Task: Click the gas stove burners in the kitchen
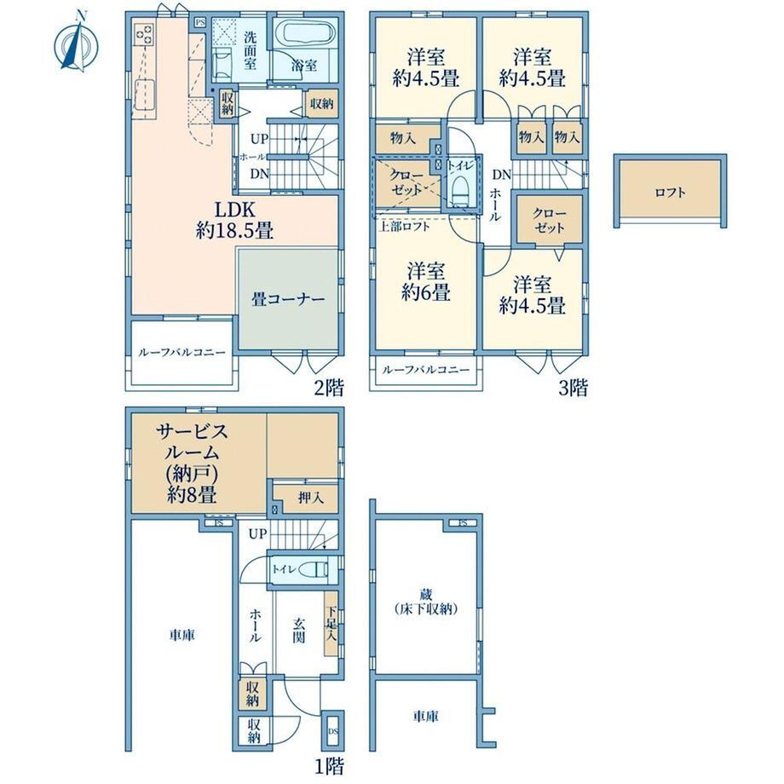point(144,33)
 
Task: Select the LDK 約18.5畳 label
point(234,220)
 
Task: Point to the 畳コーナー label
point(288,299)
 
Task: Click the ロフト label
point(670,193)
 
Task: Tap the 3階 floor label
point(573,388)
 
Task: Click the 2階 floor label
point(329,388)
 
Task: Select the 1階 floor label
point(329,765)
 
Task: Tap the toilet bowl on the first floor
point(318,569)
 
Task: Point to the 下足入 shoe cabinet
point(331,623)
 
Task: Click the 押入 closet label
point(311,498)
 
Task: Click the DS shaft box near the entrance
point(333,731)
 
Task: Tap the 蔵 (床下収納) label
point(426,602)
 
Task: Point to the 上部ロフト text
point(405,227)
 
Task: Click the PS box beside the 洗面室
point(200,22)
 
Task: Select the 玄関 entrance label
point(299,630)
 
